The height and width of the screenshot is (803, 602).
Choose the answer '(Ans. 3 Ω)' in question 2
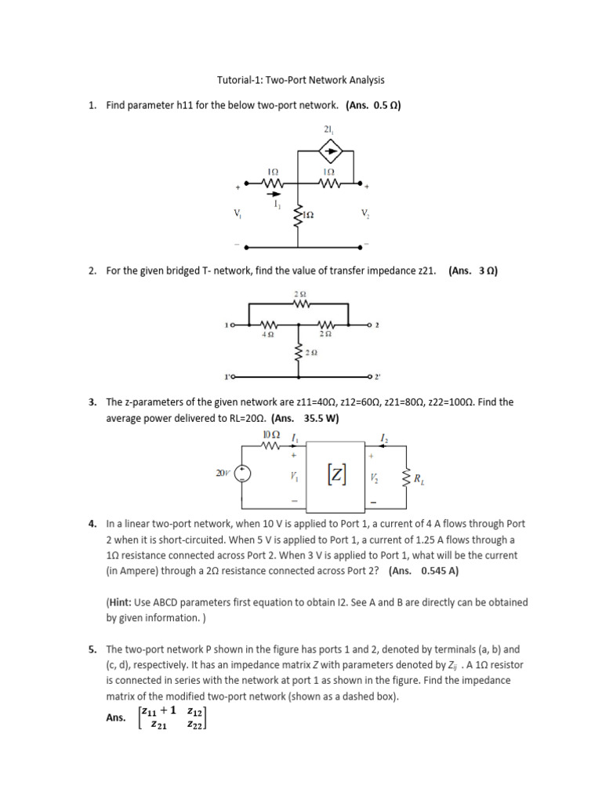[x=473, y=271]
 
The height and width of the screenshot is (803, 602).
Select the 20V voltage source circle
[x=244, y=474]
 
